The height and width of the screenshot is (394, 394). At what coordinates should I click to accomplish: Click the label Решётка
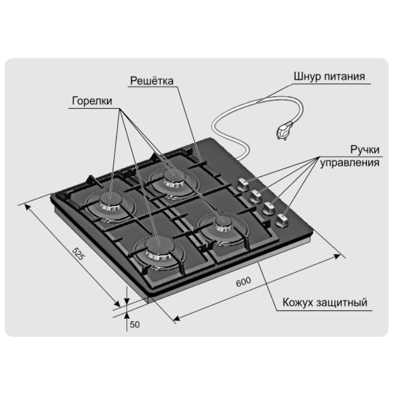point(152,80)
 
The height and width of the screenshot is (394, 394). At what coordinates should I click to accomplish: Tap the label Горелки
point(92,101)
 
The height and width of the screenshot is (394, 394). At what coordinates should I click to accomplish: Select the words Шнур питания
point(329,76)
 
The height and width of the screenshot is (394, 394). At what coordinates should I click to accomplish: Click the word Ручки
point(365,150)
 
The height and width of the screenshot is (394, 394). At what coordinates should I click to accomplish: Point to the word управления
point(349,162)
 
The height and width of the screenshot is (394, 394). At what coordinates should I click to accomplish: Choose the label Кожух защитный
point(325,302)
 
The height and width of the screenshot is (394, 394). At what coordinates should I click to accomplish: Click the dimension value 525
point(78,254)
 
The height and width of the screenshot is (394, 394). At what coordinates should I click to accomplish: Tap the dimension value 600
point(243,282)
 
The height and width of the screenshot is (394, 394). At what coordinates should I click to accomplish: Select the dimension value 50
point(135,325)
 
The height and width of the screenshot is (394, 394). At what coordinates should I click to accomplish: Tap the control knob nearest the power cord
point(243,185)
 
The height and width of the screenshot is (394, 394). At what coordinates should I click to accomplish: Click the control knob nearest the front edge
point(282,221)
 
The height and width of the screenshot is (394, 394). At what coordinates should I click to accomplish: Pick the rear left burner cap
point(111,199)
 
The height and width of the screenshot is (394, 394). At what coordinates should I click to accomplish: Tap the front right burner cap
point(223,223)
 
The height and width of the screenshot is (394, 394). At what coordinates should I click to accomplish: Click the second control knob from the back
point(256,196)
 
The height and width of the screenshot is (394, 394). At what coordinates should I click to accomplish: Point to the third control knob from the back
point(268,209)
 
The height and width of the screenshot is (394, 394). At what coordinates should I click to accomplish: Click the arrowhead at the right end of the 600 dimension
point(336,256)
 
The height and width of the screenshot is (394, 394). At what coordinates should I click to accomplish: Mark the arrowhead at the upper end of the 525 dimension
point(27,208)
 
